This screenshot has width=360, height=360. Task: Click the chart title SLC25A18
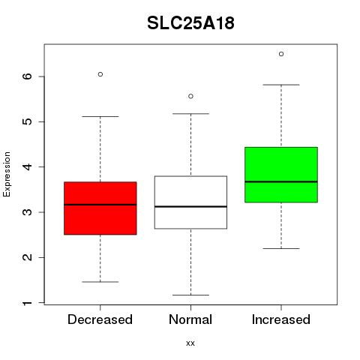(190, 23)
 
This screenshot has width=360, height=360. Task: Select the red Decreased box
(100, 208)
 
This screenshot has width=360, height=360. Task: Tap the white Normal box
(190, 202)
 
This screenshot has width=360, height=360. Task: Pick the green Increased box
(281, 175)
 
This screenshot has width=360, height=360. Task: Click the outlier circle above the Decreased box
(100, 74)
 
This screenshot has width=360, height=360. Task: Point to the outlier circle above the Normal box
(190, 96)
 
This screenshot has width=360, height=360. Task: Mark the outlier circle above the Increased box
(281, 54)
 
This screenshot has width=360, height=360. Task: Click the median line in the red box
(100, 205)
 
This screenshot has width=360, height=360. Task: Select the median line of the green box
(281, 181)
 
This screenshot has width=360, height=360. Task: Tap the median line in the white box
(190, 206)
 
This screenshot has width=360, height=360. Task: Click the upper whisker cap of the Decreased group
(100, 116)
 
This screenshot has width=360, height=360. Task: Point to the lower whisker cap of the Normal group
(190, 295)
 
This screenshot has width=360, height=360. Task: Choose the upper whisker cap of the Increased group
(281, 85)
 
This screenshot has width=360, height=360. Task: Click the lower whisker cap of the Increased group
(281, 248)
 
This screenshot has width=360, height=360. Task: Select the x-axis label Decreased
(100, 319)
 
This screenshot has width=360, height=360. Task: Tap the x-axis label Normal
(190, 319)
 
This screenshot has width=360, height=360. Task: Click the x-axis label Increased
(281, 319)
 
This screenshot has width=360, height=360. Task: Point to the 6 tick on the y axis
(27, 76)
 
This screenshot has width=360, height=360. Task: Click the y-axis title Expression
(7, 174)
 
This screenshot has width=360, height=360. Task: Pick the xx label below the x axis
(190, 343)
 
